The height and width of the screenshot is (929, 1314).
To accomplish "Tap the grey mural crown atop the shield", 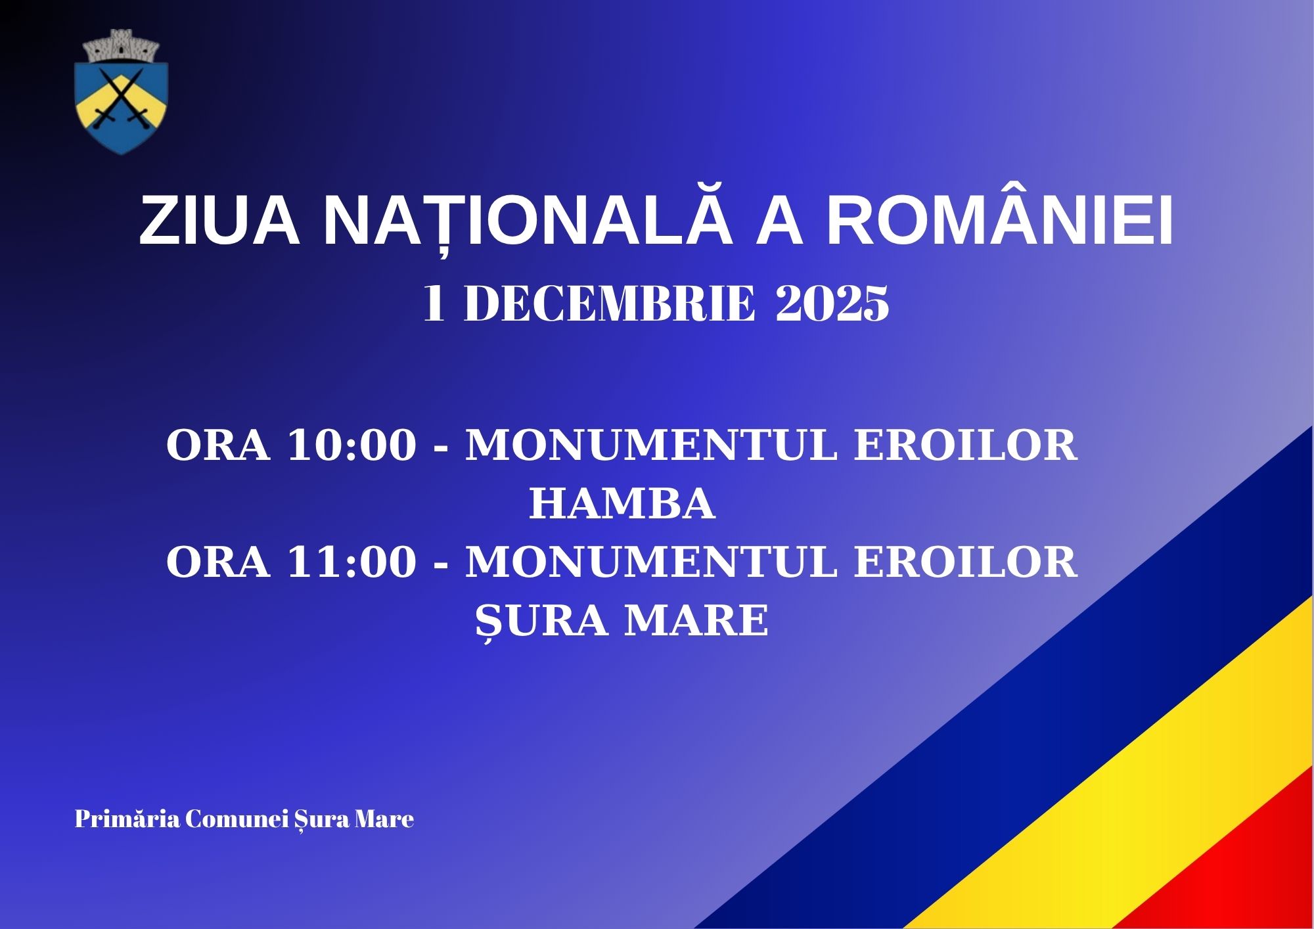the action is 122,46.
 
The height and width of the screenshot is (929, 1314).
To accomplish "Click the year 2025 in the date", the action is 832,304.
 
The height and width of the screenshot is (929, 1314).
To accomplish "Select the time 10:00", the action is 351,445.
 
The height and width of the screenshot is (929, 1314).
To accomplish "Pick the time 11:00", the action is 351,562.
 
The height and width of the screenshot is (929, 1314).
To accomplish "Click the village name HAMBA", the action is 622,504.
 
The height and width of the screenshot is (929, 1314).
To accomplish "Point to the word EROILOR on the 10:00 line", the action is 966,445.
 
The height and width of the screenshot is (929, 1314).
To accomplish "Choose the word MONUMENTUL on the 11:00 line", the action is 651,562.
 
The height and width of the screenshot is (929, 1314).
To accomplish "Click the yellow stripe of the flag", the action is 1117,808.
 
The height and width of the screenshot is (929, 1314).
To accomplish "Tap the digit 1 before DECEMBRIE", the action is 434,304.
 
